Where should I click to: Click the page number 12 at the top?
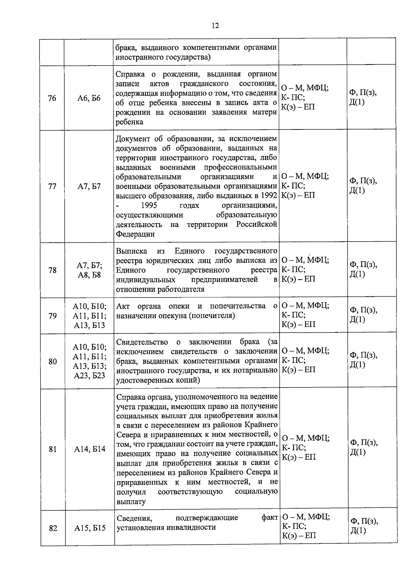pyautogui.click(x=215, y=26)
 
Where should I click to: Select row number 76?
pyautogui.click(x=52, y=99)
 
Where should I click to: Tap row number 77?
pyautogui.click(x=52, y=187)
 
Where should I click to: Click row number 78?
pyautogui.click(x=52, y=270)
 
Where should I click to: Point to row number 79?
pyautogui.click(x=52, y=316)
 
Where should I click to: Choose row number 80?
pyautogui.click(x=52, y=362)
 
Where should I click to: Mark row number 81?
pyautogui.click(x=52, y=449)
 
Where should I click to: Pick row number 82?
pyautogui.click(x=53, y=528)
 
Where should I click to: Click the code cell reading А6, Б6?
pyautogui.click(x=89, y=99)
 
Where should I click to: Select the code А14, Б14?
pyautogui.click(x=90, y=449)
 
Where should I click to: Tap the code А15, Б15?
pyautogui.click(x=90, y=528)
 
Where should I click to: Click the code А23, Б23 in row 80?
pyautogui.click(x=90, y=376)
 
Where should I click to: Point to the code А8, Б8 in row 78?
pyautogui.click(x=89, y=275)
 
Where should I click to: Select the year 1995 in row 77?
pyautogui.click(x=149, y=206)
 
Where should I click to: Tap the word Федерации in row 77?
pyautogui.click(x=135, y=234)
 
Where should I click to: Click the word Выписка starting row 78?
pyautogui.click(x=132, y=251)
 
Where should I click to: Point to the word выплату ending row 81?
pyautogui.click(x=131, y=502)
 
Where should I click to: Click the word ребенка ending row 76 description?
pyautogui.click(x=130, y=122)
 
